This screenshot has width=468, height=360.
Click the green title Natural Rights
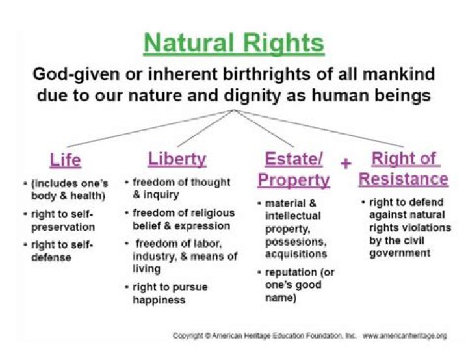point(233,44)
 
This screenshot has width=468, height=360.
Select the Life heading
point(66,160)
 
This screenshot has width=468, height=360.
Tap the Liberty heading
point(177,159)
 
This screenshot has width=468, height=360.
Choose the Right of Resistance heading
point(403,168)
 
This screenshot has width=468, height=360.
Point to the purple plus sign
point(346,163)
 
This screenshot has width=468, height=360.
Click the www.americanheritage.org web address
point(404,336)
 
